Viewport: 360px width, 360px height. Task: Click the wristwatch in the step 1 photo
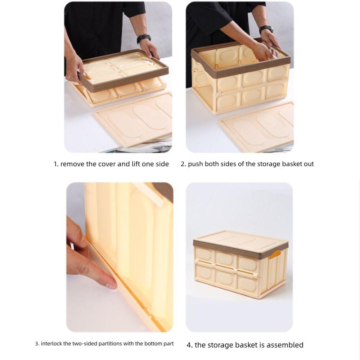coord(144,39)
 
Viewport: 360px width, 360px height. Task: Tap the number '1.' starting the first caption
coord(56,164)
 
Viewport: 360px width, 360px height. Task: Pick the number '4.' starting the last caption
coord(190,345)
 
